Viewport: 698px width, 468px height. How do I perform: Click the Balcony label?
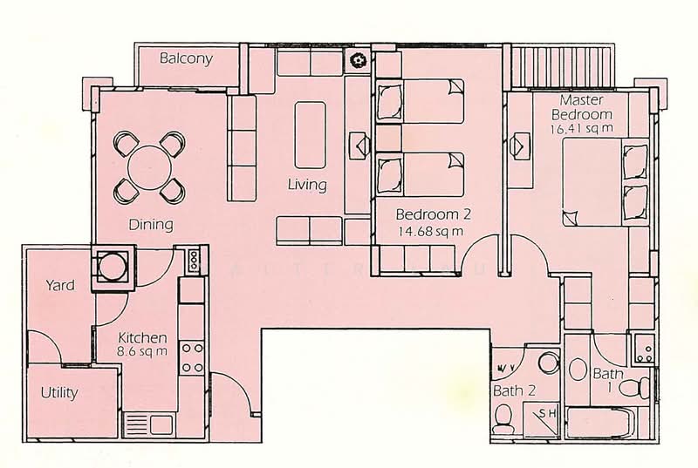(x=186, y=59)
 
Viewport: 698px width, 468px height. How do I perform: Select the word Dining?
(x=151, y=225)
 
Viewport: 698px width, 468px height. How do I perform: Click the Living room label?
(x=307, y=185)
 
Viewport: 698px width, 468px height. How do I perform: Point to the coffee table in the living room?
(x=310, y=134)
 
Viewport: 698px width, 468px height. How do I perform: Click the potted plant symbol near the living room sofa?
(x=358, y=61)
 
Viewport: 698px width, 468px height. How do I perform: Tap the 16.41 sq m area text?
(x=583, y=128)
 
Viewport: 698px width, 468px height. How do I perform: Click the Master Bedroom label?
(x=585, y=107)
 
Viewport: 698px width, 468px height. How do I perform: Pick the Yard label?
(x=59, y=285)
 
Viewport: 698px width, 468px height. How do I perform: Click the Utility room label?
(x=59, y=392)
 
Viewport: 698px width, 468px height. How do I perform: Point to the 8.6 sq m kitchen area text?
(x=143, y=352)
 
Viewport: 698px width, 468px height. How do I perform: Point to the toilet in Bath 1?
(x=640, y=383)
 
